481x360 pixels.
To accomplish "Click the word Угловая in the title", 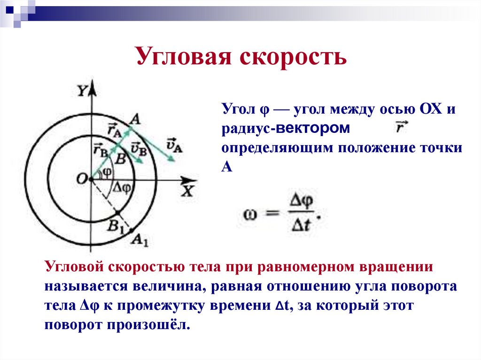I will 184,56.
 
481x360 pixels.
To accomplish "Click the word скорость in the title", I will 294,56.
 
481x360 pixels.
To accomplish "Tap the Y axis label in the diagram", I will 83,91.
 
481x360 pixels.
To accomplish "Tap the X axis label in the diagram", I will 188,191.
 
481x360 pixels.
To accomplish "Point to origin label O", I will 82,178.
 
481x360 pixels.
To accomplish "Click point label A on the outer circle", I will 135,120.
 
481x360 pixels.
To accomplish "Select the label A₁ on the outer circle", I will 140,241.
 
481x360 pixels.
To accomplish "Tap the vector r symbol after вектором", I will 401,127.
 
